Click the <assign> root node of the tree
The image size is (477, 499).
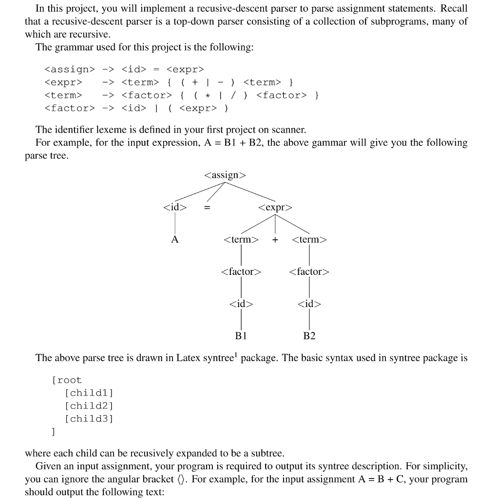click(226, 175)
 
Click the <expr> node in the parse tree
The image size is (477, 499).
click(275, 208)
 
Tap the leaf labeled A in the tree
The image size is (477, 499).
click(174, 240)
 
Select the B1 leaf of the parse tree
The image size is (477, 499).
click(241, 336)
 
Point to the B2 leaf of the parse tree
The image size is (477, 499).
click(309, 336)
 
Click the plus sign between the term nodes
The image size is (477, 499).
click(275, 240)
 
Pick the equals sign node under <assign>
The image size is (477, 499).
click(207, 208)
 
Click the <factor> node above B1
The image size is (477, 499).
click(241, 271)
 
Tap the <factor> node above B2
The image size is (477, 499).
click(309, 271)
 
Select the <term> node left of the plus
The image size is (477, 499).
click(241, 240)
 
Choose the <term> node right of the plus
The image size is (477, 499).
click(309, 240)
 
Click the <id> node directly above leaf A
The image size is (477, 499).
click(174, 208)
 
